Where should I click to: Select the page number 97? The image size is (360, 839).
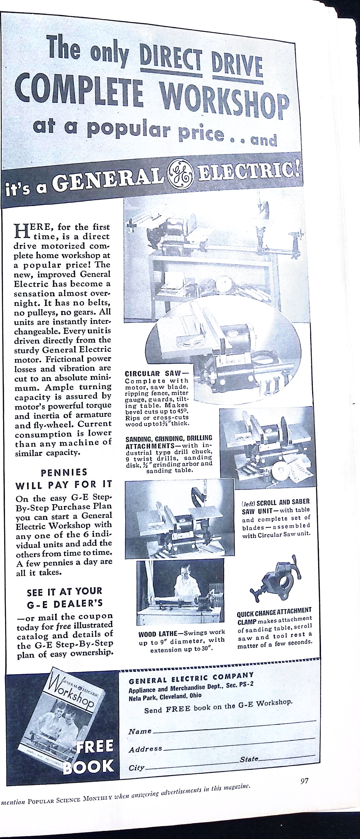[x=304, y=781]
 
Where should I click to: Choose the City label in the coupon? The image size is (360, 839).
[x=137, y=768]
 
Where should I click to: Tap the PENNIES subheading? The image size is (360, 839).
[x=64, y=472]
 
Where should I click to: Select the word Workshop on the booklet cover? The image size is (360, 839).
[x=72, y=692]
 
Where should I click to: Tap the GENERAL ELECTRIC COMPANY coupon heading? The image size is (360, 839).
[x=191, y=678]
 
